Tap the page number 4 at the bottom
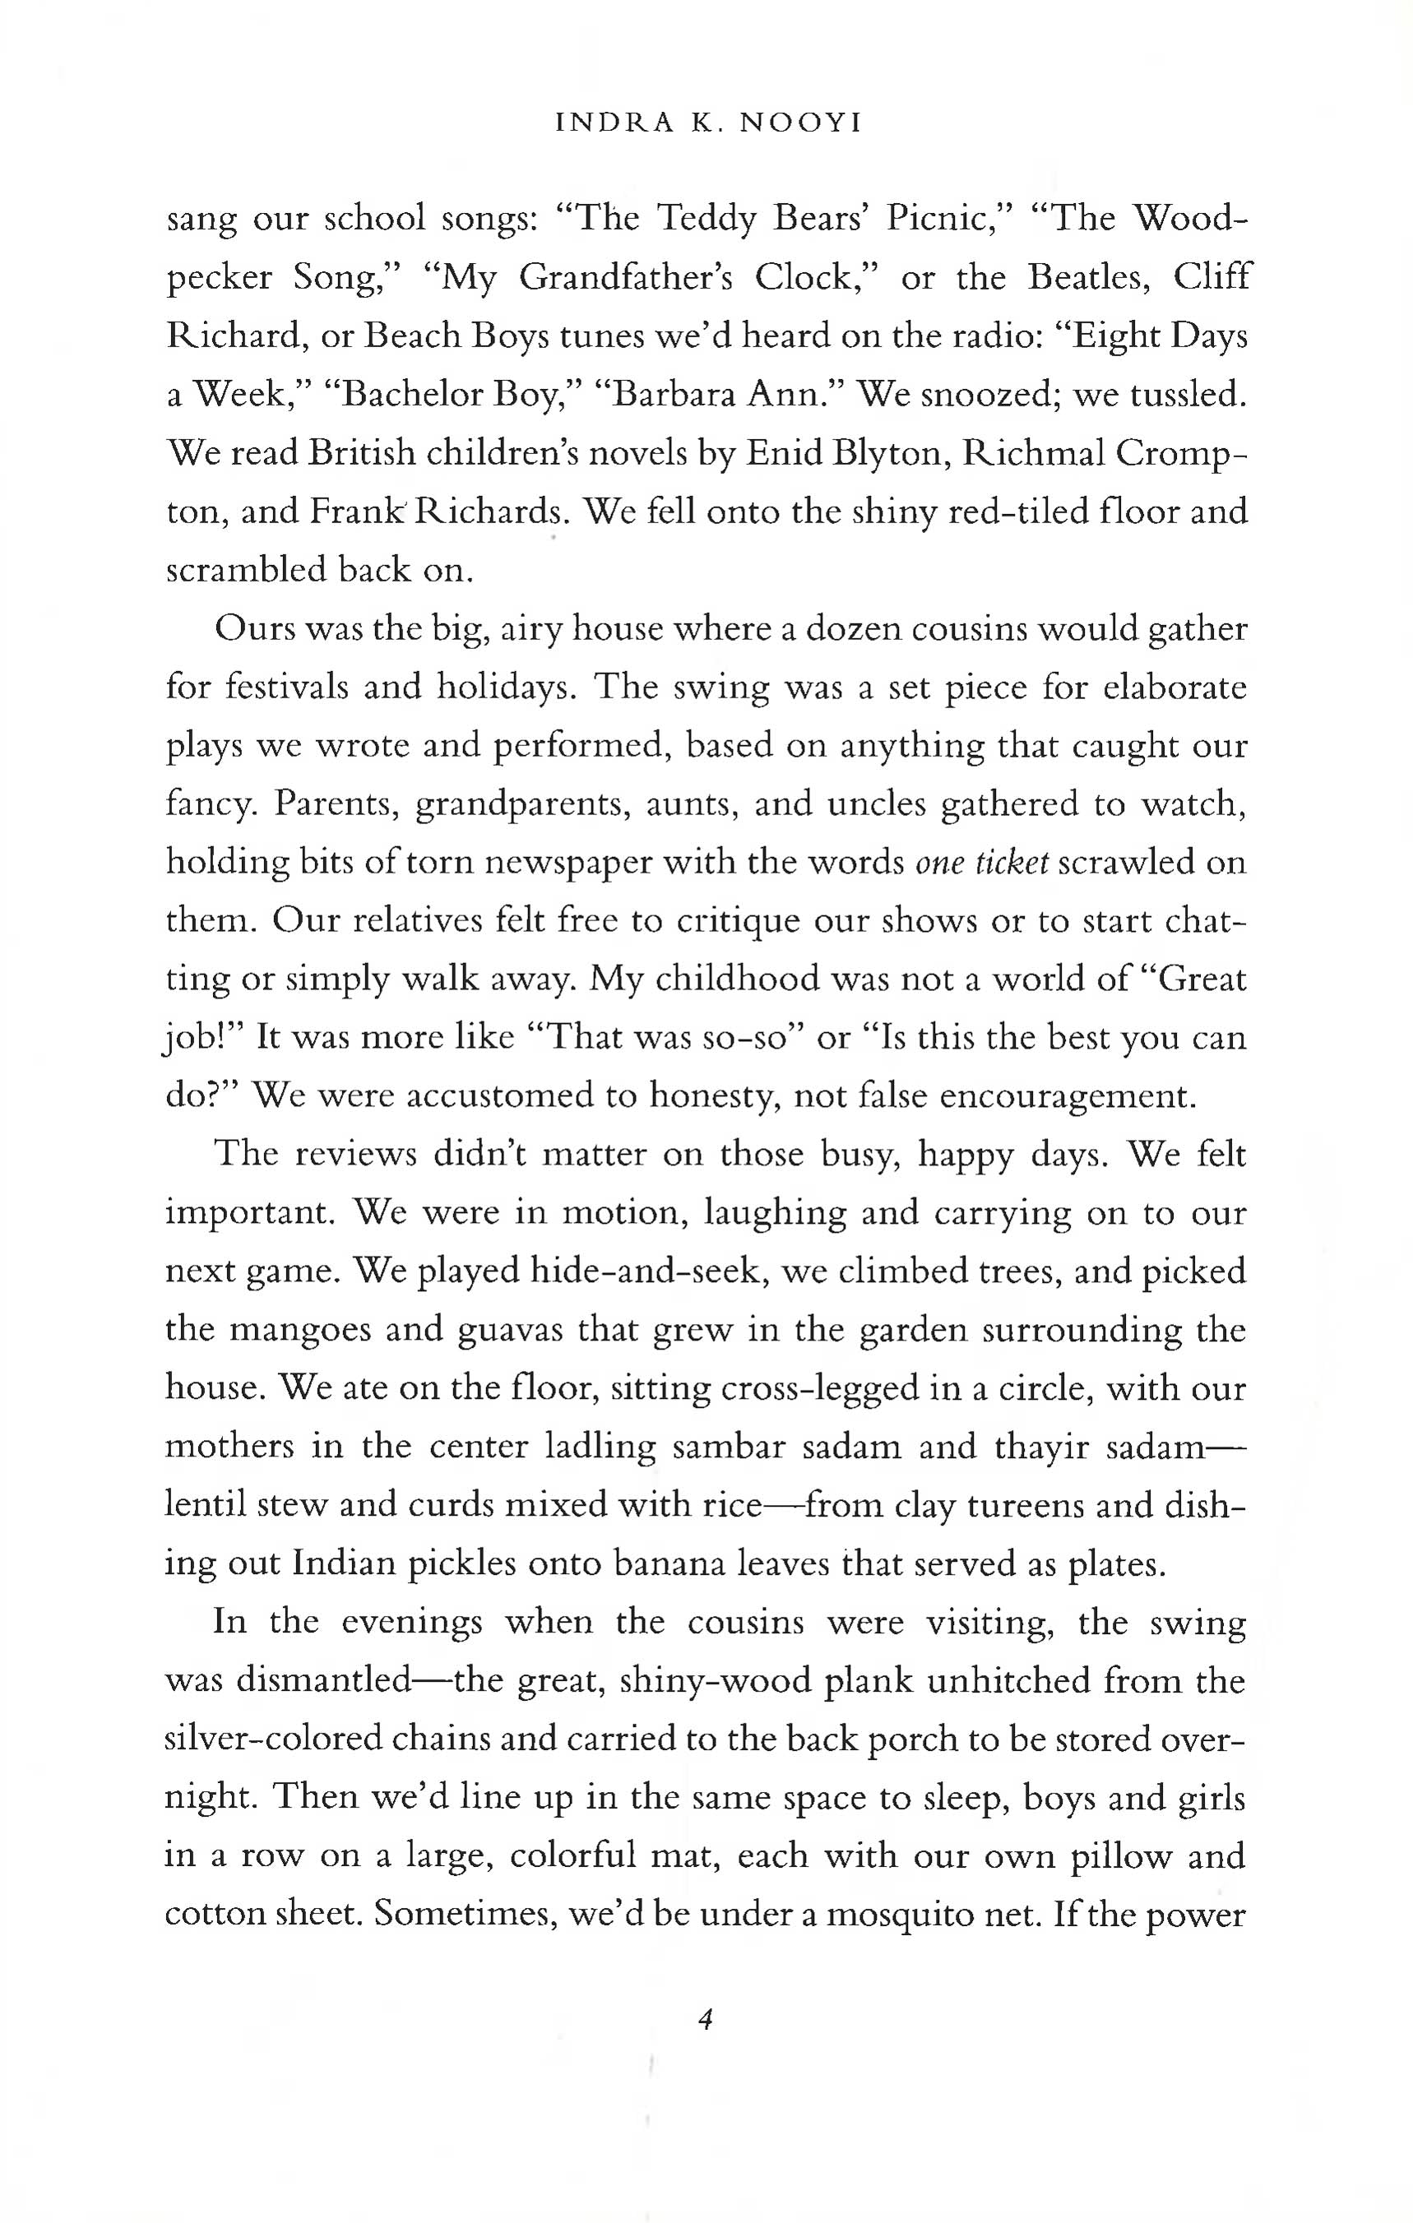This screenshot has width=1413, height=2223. pyautogui.click(x=705, y=2019)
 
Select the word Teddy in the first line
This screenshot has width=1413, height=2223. pyautogui.click(x=706, y=220)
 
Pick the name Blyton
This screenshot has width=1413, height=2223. pyautogui.click(x=893, y=453)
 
